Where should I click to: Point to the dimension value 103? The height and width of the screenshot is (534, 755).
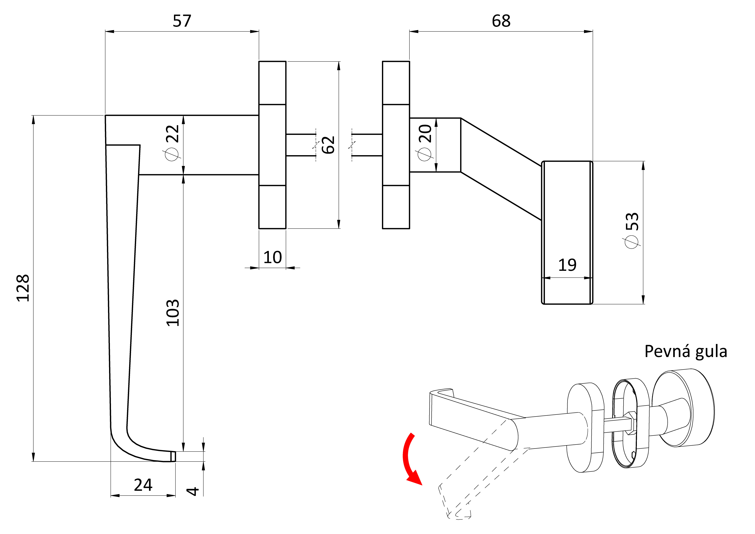pos(173,313)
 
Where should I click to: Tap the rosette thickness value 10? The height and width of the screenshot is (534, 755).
pos(273,257)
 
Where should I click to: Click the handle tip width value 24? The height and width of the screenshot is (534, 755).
pos(143,485)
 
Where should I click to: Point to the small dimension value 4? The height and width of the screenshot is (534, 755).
pos(193,491)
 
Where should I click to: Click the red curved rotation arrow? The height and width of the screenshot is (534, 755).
pos(410,460)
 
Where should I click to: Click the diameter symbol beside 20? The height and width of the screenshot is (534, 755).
pos(424,154)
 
